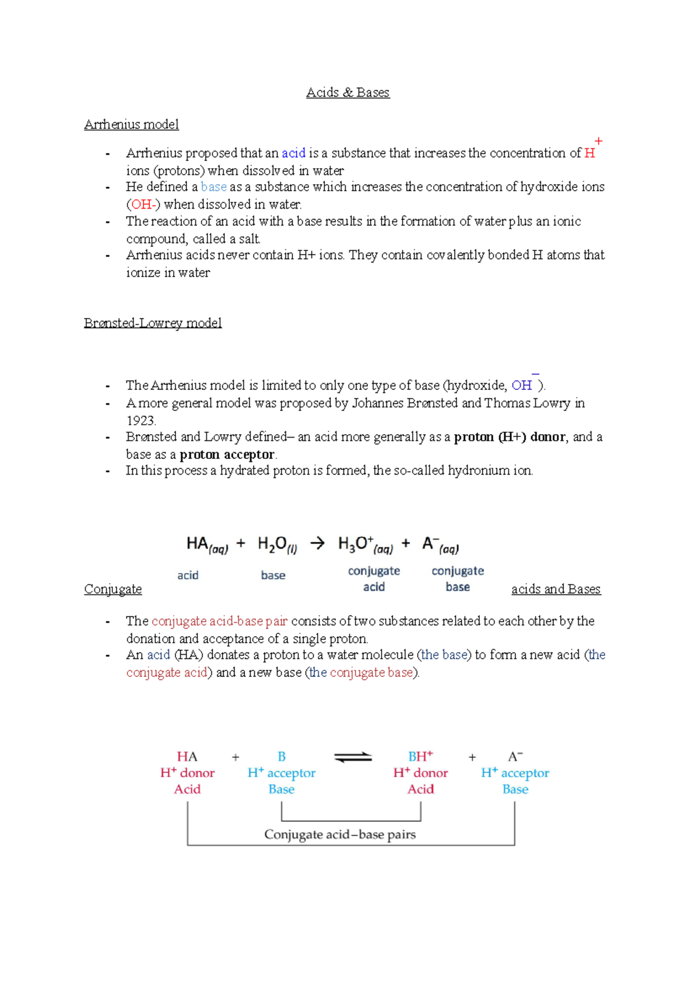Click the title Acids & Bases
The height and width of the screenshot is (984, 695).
click(x=348, y=93)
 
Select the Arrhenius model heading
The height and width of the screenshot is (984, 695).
click(x=131, y=125)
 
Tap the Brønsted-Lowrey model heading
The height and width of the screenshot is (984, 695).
click(x=153, y=323)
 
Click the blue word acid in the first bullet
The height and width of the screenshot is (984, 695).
click(x=294, y=153)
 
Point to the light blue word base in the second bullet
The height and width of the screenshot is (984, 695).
click(x=214, y=187)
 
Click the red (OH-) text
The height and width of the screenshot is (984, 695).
click(x=143, y=204)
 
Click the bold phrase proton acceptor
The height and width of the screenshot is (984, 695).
click(x=227, y=454)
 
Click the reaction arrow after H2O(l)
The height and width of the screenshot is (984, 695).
click(x=317, y=543)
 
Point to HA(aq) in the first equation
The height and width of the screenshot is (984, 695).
click(x=207, y=545)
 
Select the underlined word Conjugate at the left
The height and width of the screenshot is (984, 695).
click(x=113, y=589)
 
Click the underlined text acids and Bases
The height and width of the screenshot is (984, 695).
click(x=556, y=589)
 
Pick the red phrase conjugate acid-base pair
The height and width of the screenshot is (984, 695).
click(x=220, y=621)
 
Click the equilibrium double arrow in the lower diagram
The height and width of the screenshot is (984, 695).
click(x=353, y=757)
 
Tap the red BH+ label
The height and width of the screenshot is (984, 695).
click(x=420, y=756)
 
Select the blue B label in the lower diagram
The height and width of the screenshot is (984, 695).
click(x=281, y=757)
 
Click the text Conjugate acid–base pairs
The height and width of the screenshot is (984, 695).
click(x=340, y=834)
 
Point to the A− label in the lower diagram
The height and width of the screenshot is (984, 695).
click(x=515, y=757)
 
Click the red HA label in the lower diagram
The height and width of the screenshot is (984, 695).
click(x=187, y=757)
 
